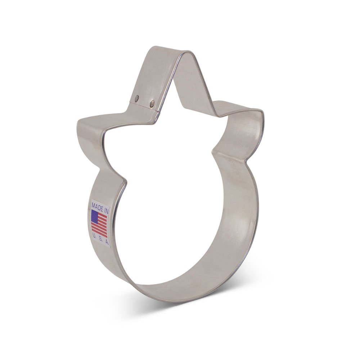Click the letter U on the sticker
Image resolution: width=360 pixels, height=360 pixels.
coord(94,235)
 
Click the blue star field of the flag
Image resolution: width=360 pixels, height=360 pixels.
coord(95,216)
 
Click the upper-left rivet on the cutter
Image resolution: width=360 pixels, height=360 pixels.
coord(137,98)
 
